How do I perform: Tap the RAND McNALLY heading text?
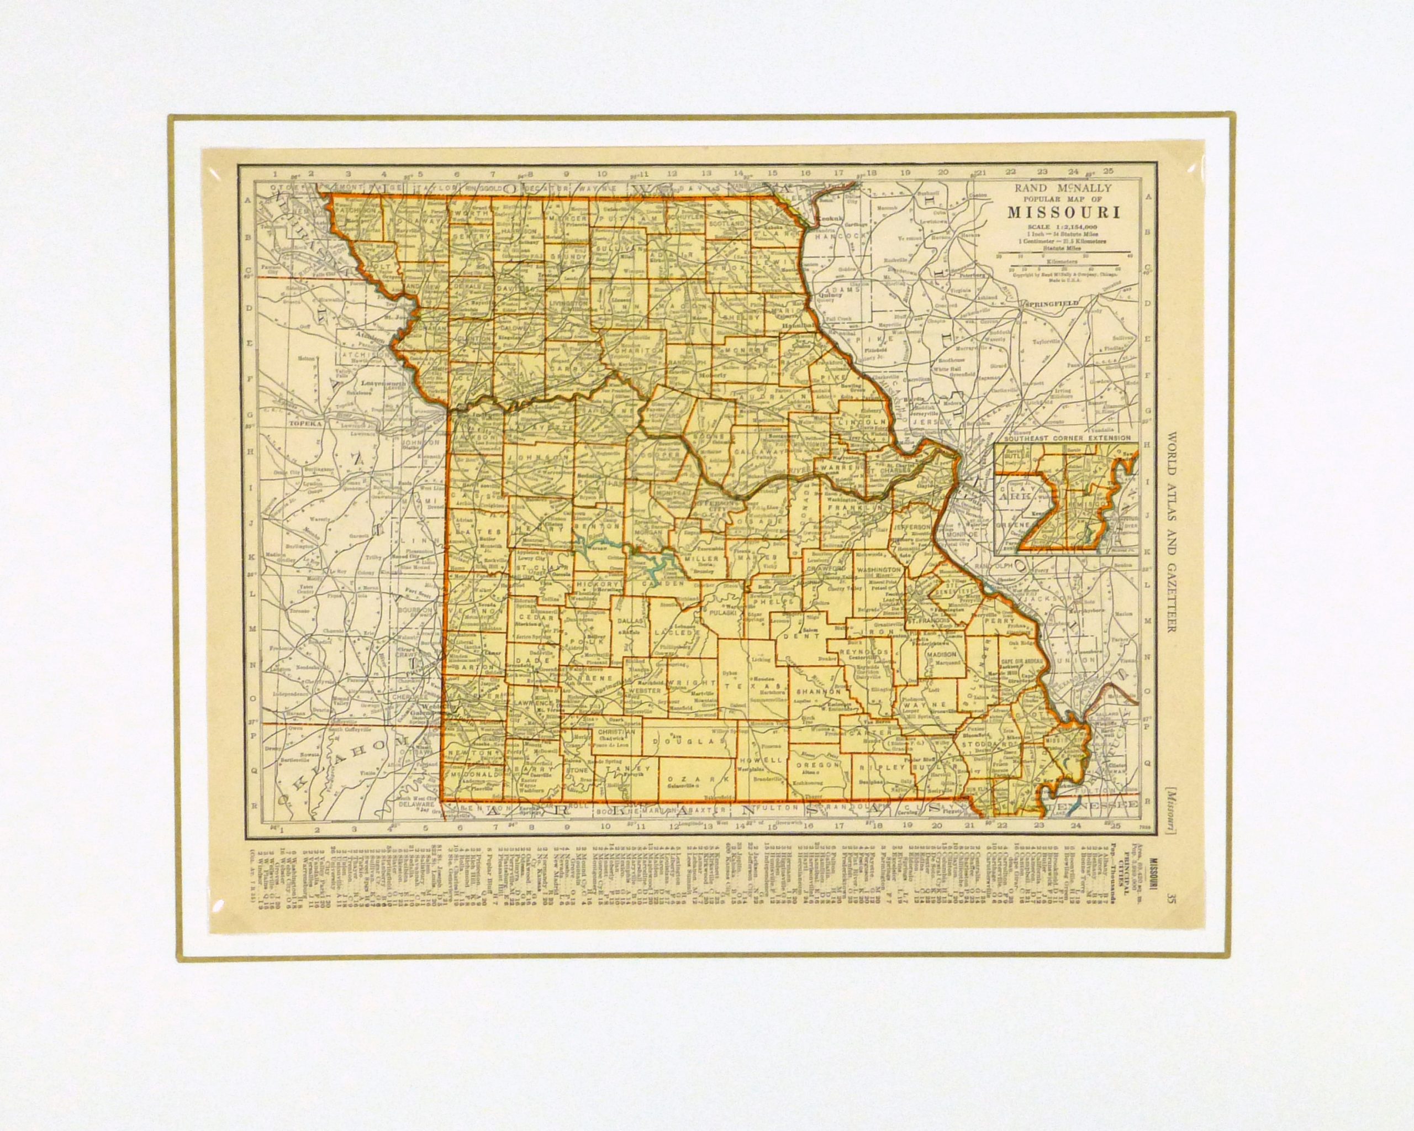pos(1064,188)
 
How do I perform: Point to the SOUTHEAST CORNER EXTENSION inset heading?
pos(1065,438)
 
